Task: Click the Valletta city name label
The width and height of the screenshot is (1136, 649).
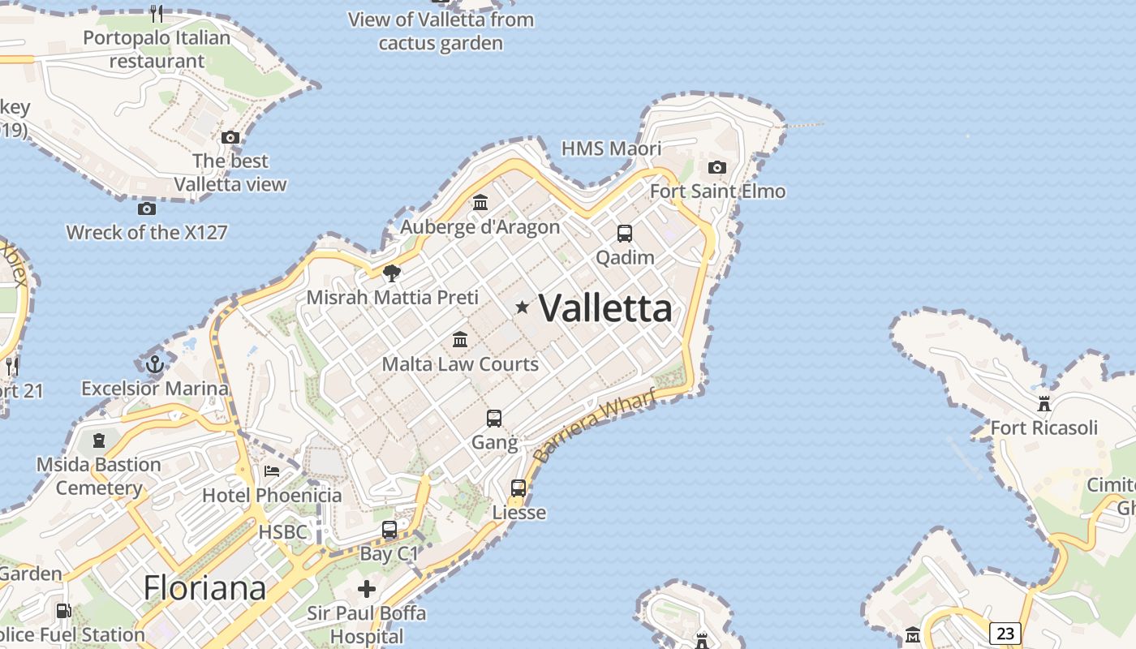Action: (605, 308)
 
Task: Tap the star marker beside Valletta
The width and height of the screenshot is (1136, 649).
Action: (523, 307)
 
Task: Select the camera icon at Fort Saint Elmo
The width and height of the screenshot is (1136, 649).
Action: (717, 167)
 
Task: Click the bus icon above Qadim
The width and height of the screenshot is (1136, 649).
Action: (625, 234)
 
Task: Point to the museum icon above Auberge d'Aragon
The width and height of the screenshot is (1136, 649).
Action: (480, 202)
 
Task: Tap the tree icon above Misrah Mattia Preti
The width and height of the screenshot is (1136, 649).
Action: (392, 273)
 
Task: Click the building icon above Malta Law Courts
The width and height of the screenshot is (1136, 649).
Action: (460, 339)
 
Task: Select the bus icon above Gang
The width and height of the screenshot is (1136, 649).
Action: (494, 419)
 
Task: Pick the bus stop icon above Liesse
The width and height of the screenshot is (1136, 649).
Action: (519, 488)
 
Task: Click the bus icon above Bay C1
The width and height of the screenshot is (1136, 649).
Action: (389, 530)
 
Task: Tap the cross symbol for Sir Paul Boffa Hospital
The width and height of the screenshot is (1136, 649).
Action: (367, 588)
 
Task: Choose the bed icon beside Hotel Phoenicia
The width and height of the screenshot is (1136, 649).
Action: (272, 471)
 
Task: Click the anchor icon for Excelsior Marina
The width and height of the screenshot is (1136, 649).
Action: (154, 363)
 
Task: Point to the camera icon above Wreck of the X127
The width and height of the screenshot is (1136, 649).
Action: (147, 208)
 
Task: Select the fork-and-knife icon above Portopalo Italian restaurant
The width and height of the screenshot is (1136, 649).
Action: (157, 13)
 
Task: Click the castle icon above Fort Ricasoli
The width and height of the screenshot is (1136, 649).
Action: (1044, 403)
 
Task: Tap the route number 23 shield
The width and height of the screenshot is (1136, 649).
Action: (1005, 633)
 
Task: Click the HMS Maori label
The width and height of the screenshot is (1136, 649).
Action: (612, 148)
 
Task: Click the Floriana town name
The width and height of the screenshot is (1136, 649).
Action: (204, 588)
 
